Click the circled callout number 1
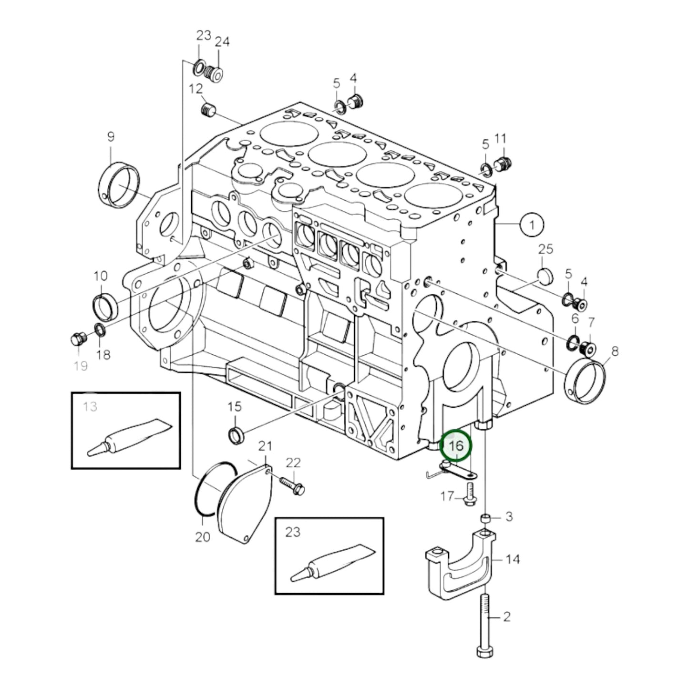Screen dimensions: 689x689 [532, 224]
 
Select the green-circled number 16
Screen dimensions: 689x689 [456, 445]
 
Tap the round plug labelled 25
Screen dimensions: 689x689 [544, 275]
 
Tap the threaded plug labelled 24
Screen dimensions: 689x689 [216, 74]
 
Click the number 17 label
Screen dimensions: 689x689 [447, 496]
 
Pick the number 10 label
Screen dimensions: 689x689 [101, 276]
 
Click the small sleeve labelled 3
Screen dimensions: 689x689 [485, 518]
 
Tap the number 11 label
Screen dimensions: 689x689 [500, 139]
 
